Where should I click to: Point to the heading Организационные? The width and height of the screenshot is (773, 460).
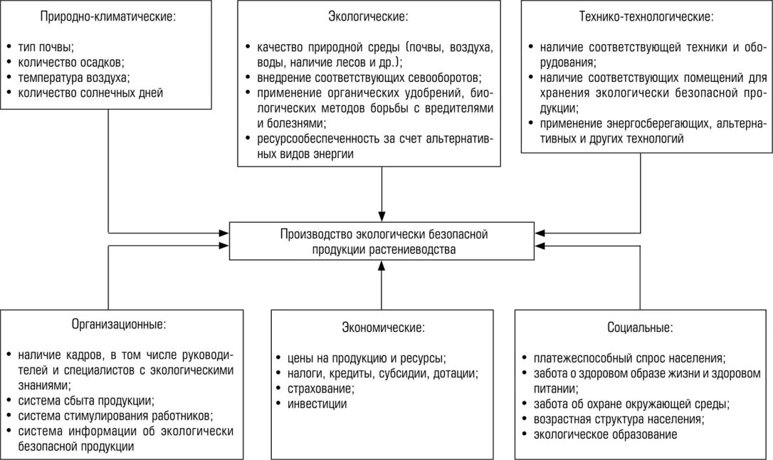[x=119, y=324]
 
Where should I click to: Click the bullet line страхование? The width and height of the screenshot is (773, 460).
[x=318, y=389]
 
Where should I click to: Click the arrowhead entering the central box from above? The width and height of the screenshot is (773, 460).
[x=382, y=215]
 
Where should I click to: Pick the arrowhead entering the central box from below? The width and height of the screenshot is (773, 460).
[x=382, y=266]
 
